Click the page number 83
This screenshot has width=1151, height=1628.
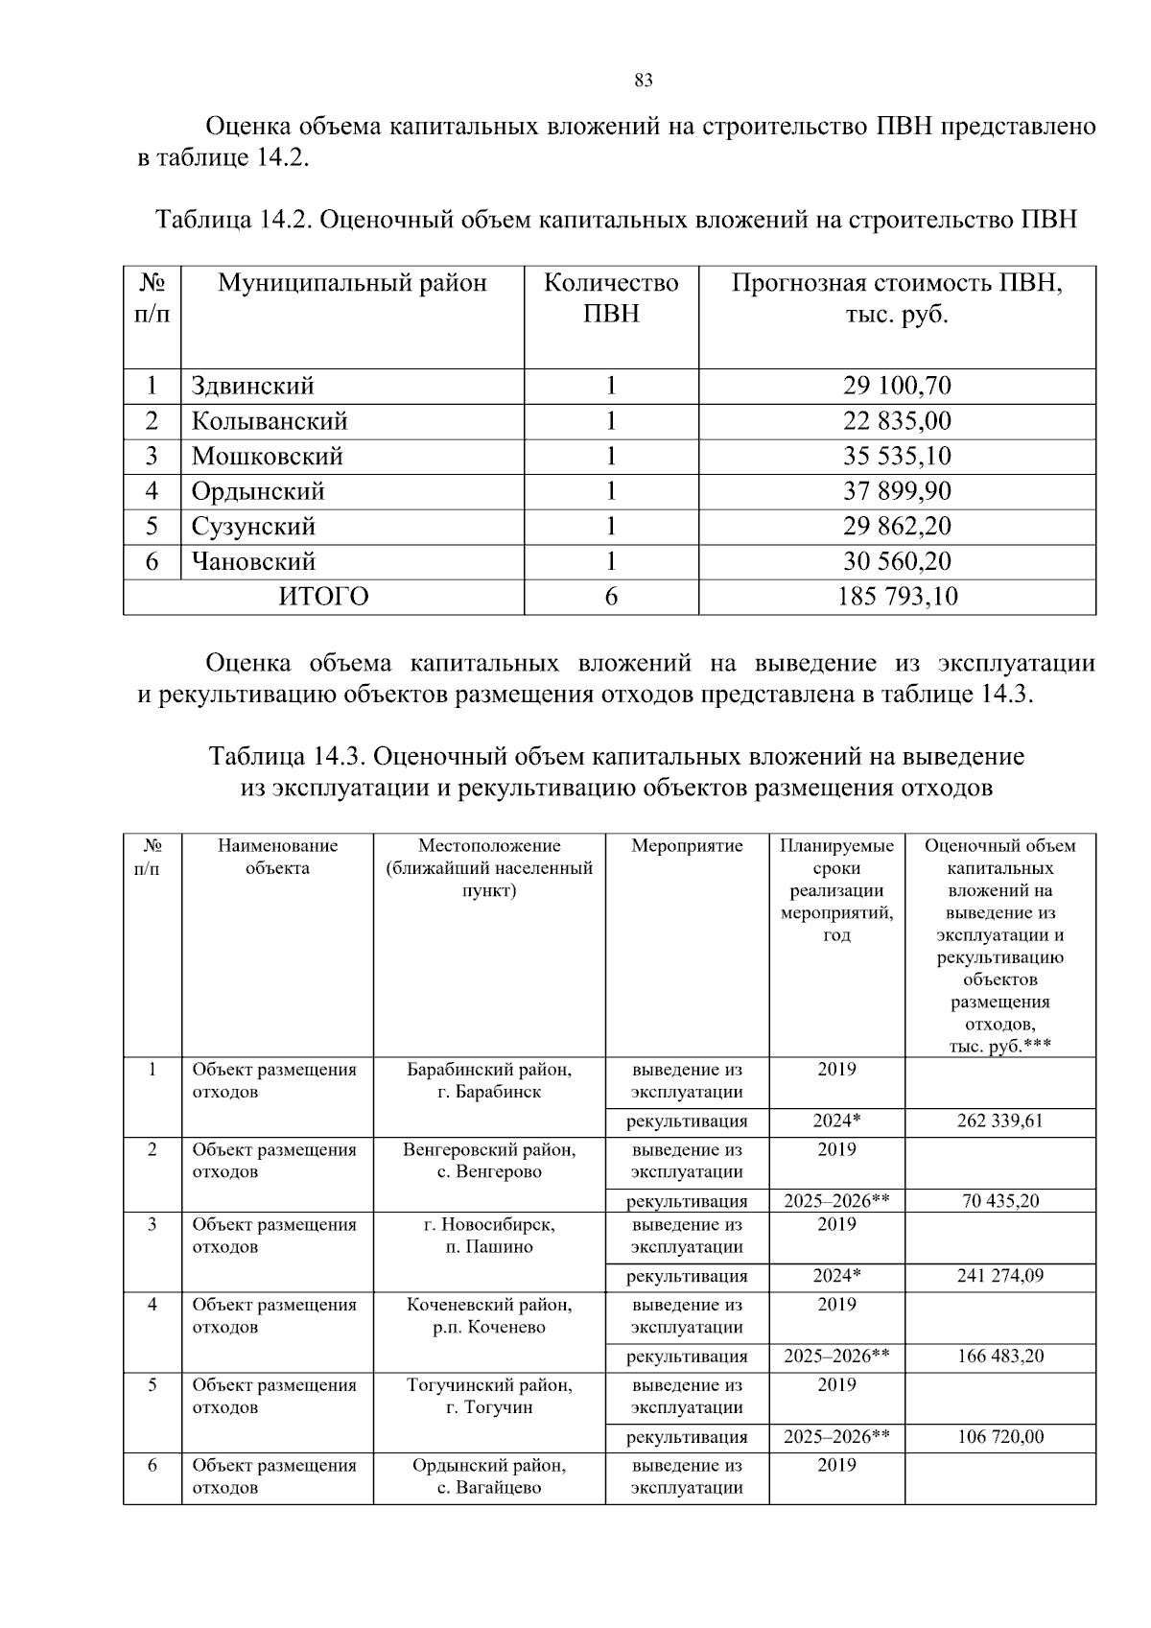coord(644,81)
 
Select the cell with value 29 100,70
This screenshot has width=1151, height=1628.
coord(897,386)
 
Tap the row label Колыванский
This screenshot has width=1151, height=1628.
coord(270,421)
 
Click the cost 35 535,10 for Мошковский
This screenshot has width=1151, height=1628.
coord(897,456)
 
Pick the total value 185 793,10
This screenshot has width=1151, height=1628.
coord(897,597)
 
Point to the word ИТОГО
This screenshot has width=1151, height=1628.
coord(323,597)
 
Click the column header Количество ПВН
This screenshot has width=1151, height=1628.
coord(611,297)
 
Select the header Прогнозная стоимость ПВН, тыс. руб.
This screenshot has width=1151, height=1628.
coord(897,297)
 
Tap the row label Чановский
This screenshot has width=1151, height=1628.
coord(253,561)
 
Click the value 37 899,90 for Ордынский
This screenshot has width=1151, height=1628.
coord(897,491)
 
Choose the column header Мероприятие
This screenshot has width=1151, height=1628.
coord(687,846)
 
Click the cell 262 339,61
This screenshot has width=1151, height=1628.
coord(999,1121)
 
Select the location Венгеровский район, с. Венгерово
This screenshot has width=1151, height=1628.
coord(489,1161)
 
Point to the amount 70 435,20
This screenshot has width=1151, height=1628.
coord(999,1201)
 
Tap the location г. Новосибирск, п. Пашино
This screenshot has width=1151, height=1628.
coord(489,1236)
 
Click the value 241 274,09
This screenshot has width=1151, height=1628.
coord(999,1276)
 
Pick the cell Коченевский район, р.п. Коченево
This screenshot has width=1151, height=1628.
coord(489,1316)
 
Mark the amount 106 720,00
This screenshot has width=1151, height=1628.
coord(999,1437)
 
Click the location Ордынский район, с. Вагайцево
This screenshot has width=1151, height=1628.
coord(489,1476)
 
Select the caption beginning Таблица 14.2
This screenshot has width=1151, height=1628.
coord(616,220)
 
